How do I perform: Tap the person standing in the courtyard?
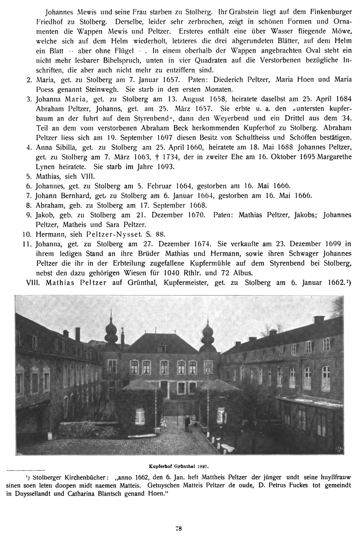click(187, 423)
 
